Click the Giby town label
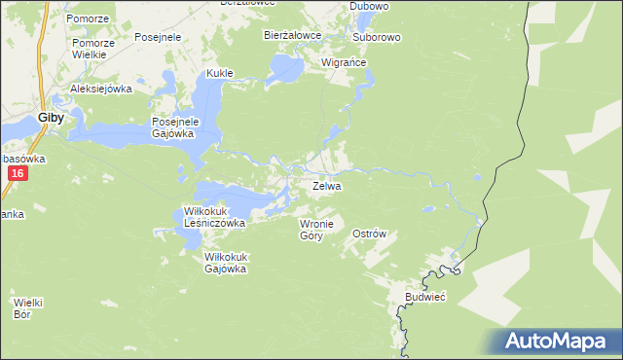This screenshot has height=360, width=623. click(x=51, y=118)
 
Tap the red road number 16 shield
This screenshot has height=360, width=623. click(x=18, y=173)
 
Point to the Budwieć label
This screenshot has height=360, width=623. click(x=425, y=297)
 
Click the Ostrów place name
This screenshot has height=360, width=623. click(x=370, y=234)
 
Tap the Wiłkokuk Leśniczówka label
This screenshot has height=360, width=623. click(x=215, y=216)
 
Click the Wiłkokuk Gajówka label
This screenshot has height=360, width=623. click(x=225, y=263)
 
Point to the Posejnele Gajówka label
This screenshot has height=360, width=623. click(x=174, y=127)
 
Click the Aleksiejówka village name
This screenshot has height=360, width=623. click(x=100, y=89)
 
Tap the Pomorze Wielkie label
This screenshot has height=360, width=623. click(x=93, y=50)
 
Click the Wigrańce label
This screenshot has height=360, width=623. click(x=344, y=63)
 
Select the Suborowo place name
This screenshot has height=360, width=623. click(x=377, y=37)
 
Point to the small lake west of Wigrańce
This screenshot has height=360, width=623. click(x=286, y=68)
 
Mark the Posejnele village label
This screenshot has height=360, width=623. click(x=160, y=37)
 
